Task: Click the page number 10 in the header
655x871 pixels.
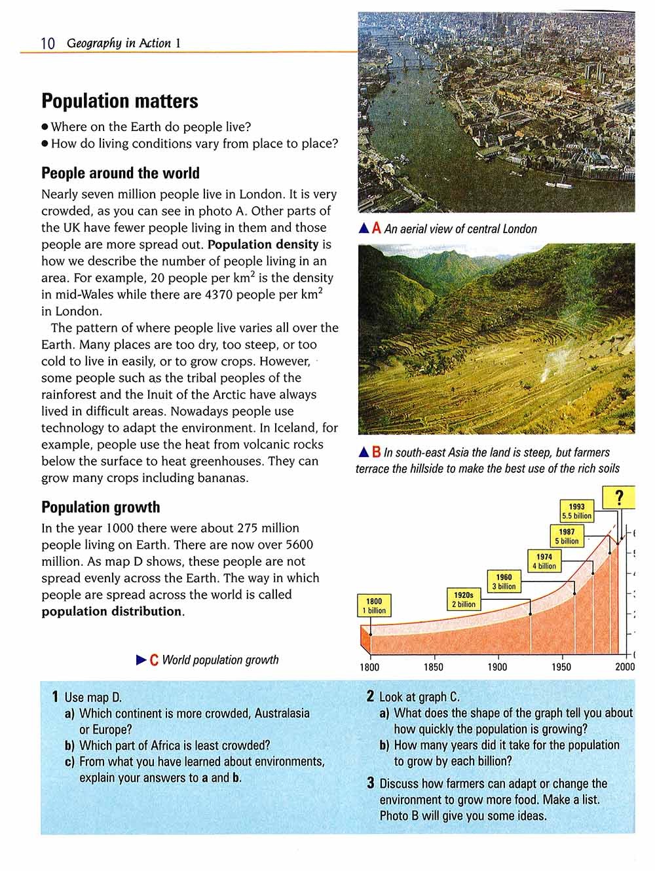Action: pyautogui.click(x=48, y=44)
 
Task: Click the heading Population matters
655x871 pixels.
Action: pyautogui.click(x=119, y=102)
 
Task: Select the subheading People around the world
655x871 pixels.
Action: pyautogui.click(x=121, y=174)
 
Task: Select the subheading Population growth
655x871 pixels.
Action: pyautogui.click(x=100, y=508)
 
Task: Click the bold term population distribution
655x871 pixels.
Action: pyautogui.click(x=111, y=612)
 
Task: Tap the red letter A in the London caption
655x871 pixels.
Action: pyautogui.click(x=376, y=229)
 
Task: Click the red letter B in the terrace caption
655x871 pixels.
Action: pyautogui.click(x=376, y=453)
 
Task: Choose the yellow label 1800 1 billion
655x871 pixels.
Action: pyautogui.click(x=374, y=606)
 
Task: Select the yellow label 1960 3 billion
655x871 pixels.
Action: pyautogui.click(x=504, y=582)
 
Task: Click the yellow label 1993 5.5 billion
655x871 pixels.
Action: pyautogui.click(x=576, y=511)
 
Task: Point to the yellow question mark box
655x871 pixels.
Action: pyautogui.click(x=620, y=497)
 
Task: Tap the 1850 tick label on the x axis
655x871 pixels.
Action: pyautogui.click(x=433, y=667)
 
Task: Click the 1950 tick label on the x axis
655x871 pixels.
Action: pyautogui.click(x=561, y=667)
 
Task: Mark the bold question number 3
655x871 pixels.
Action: pyautogui.click(x=371, y=784)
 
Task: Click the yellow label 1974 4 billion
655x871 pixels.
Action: pyautogui.click(x=544, y=561)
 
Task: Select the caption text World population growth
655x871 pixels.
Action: pyautogui.click(x=220, y=660)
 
